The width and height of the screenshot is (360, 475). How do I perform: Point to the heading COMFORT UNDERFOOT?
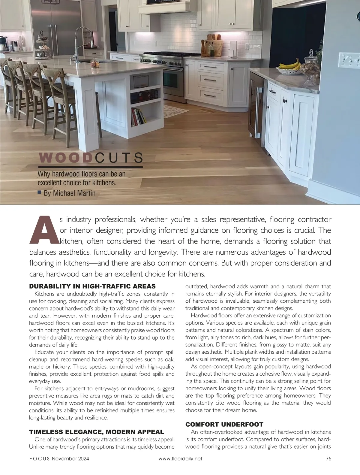[x=224, y=424]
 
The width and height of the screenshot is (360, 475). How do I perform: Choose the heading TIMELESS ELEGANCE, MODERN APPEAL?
[x=96, y=432]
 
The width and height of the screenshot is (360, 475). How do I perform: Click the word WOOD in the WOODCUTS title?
[x=65, y=158]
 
